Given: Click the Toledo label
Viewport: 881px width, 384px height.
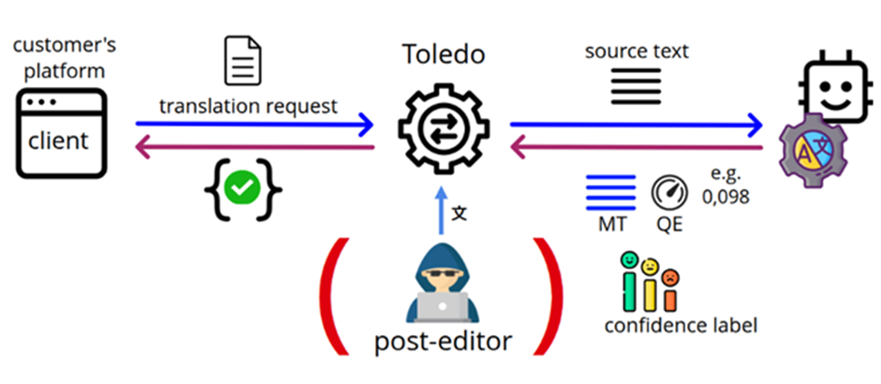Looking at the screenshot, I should point(443,54).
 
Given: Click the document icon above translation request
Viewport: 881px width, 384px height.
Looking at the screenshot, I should point(240,61).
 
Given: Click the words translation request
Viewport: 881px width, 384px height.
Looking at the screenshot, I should point(248,106).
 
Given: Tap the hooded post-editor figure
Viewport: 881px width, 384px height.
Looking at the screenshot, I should point(441,282).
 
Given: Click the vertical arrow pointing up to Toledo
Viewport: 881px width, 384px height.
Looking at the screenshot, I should point(442,212).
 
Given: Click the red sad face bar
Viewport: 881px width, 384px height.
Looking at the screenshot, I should point(670,289).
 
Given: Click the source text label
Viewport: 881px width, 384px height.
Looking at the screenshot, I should point(637,51).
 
